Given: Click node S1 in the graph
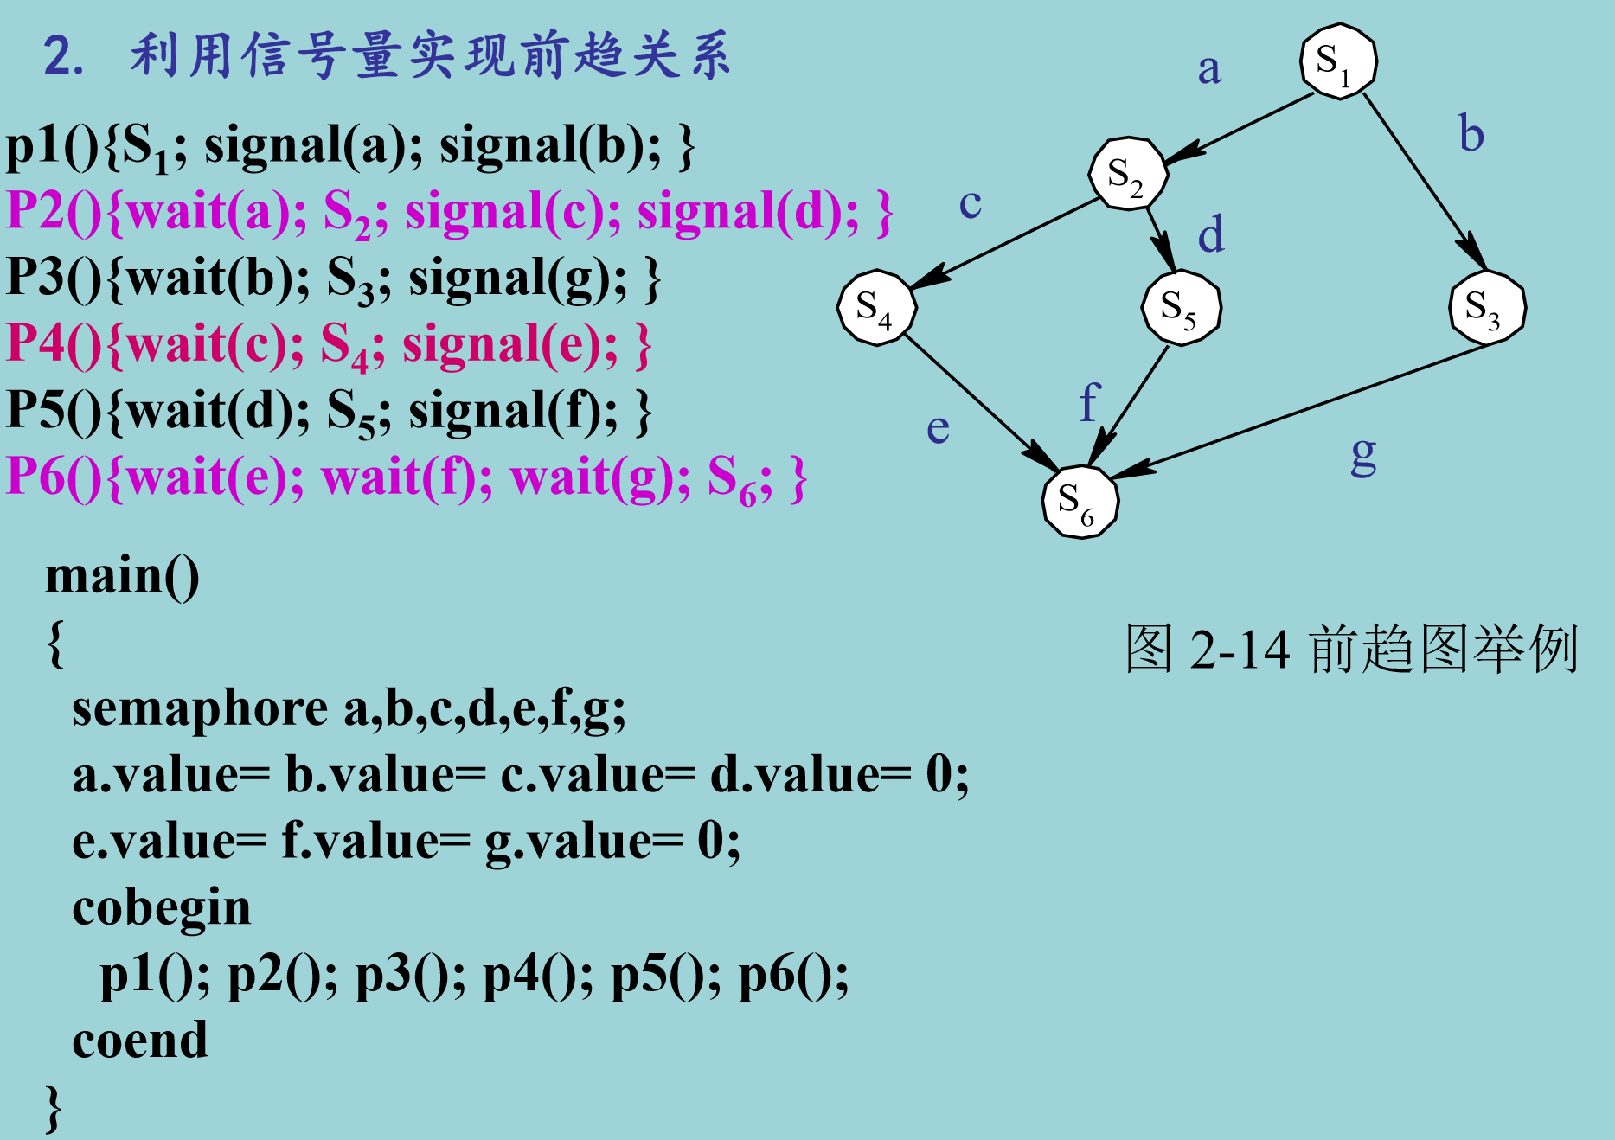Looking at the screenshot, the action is coord(1338,61).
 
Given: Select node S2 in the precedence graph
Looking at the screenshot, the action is coord(1128,174).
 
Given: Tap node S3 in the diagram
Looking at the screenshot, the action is coord(1487,307).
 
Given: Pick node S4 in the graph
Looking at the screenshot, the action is coord(876,307).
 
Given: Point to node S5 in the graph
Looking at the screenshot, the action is coord(1181,307).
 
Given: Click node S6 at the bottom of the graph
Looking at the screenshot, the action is coord(1080,501).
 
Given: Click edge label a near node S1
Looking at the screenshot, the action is coord(1209,69).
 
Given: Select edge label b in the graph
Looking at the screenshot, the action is coord(1471,134).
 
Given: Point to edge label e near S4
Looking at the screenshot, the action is coord(938,428).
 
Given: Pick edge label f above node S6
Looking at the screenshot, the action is coord(1089,402).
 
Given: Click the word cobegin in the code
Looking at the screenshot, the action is coord(162,909).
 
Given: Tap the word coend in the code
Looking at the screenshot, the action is coord(140,1041).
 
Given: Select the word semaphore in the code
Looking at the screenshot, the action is coord(200,709).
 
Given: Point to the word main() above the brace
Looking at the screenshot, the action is coord(122,576).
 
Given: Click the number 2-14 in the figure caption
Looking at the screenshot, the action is coord(1240,649).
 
